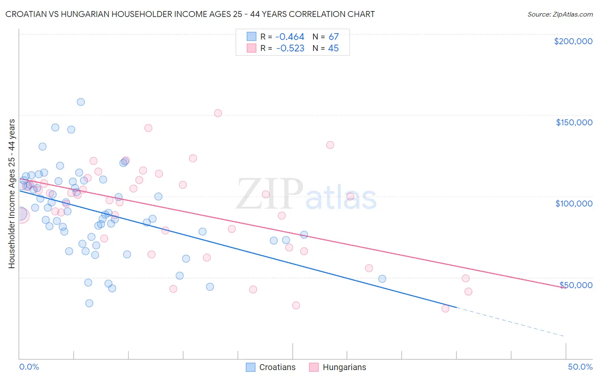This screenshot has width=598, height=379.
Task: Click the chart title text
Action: pos(190,14)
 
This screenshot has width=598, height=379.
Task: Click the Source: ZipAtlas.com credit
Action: pos(560,14)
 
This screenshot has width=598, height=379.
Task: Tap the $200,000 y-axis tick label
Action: pos(573,41)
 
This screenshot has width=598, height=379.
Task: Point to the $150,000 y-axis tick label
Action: pos(574,122)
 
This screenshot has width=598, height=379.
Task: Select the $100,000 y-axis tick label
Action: pos(574,204)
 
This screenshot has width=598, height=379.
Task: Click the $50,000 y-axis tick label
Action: pos(576,285)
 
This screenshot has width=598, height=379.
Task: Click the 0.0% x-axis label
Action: pos(29,367)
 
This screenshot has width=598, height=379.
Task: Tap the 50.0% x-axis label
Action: pos(580,367)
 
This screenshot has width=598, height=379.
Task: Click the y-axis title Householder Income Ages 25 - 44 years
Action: pos(11,194)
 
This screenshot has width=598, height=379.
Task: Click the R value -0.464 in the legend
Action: pos(290,37)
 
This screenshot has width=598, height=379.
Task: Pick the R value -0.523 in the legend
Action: pos(290,48)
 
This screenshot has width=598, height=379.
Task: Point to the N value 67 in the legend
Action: pos(333,37)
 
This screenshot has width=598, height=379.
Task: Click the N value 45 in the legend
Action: pos(333,48)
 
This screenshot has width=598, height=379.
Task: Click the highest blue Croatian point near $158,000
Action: pos(81,102)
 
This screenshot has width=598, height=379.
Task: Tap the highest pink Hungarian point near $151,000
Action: pos(218,113)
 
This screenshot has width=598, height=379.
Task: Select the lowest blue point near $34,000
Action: pos(89,303)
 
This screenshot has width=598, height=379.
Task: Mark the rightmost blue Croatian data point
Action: pos(382,279)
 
